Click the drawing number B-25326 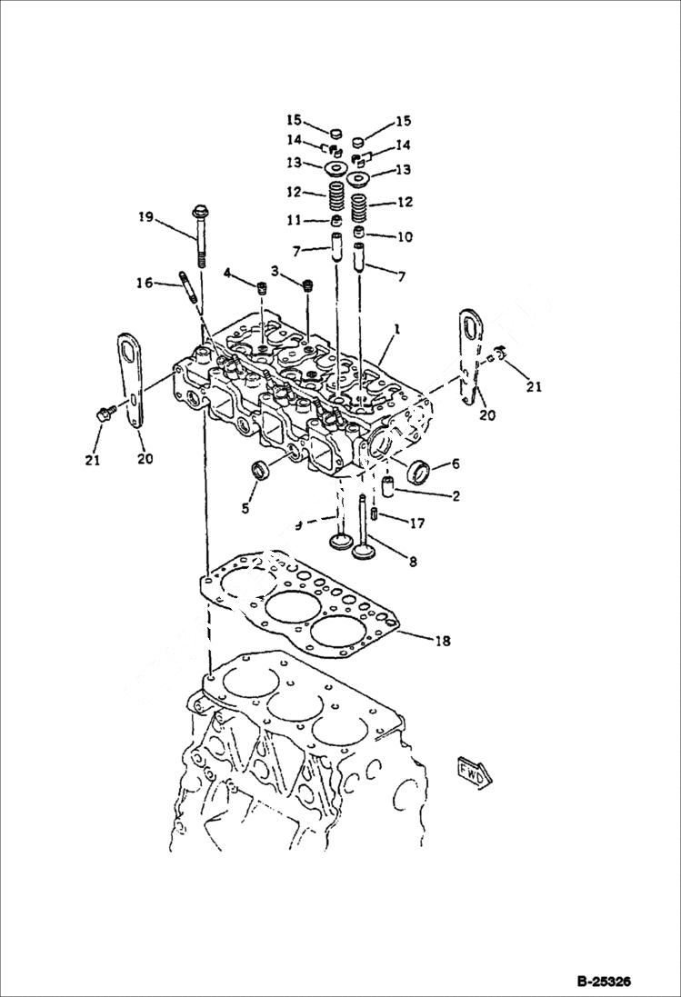(603, 982)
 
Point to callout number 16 (145, 284)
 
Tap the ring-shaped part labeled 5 (261, 471)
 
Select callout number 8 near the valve (413, 563)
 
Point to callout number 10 (405, 237)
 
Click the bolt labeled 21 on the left (101, 415)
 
